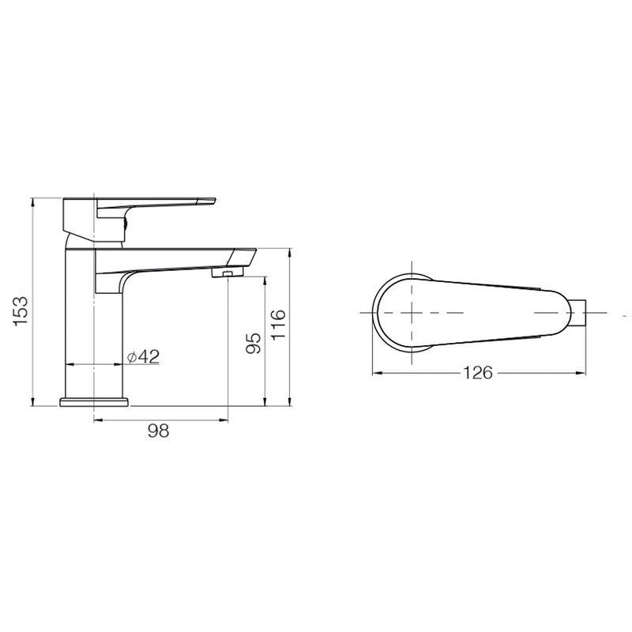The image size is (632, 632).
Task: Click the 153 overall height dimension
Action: tap(21, 311)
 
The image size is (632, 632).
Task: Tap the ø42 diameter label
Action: tap(144, 356)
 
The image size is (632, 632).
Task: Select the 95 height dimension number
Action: tap(254, 341)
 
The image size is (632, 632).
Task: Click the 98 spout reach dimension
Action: tap(159, 431)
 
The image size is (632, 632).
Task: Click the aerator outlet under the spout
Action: tap(228, 273)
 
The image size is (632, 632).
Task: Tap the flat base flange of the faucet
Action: tap(94, 402)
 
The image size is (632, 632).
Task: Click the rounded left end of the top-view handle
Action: tap(379, 313)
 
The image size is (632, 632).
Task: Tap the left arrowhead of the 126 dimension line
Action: tap(375, 372)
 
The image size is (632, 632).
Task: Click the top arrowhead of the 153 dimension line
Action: tap(34, 201)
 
